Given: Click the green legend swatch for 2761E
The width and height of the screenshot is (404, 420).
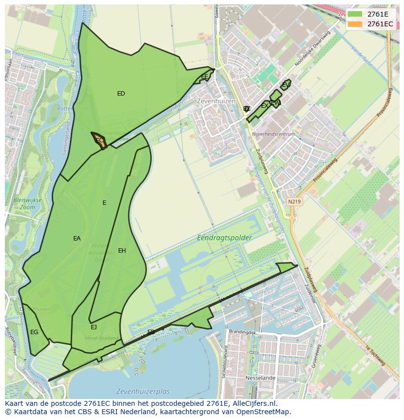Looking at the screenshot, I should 355,14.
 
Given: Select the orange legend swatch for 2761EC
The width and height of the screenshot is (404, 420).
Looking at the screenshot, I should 355,24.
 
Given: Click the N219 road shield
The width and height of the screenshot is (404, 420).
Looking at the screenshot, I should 294,201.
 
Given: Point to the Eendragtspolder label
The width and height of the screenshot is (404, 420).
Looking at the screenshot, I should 224,238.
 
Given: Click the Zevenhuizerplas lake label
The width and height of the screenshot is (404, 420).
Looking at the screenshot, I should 143,392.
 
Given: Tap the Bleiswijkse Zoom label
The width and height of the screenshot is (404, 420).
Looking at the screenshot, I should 27,204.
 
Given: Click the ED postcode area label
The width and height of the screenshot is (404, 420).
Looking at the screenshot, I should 121,94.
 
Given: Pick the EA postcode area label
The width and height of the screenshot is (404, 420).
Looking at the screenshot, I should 77,239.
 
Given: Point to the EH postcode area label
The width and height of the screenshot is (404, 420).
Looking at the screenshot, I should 122,251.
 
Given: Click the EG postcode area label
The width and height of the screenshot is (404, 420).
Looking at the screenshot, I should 34,332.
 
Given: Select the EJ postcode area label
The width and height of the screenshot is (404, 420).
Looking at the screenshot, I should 94,327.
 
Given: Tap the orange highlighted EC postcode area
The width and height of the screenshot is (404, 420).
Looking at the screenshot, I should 100,140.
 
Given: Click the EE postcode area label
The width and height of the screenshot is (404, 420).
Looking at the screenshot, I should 204,77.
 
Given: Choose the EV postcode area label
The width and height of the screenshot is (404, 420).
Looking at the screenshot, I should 286,85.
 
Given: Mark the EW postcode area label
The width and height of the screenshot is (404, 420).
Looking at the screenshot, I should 275,103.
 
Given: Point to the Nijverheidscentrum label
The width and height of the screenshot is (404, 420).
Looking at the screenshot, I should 273,134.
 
